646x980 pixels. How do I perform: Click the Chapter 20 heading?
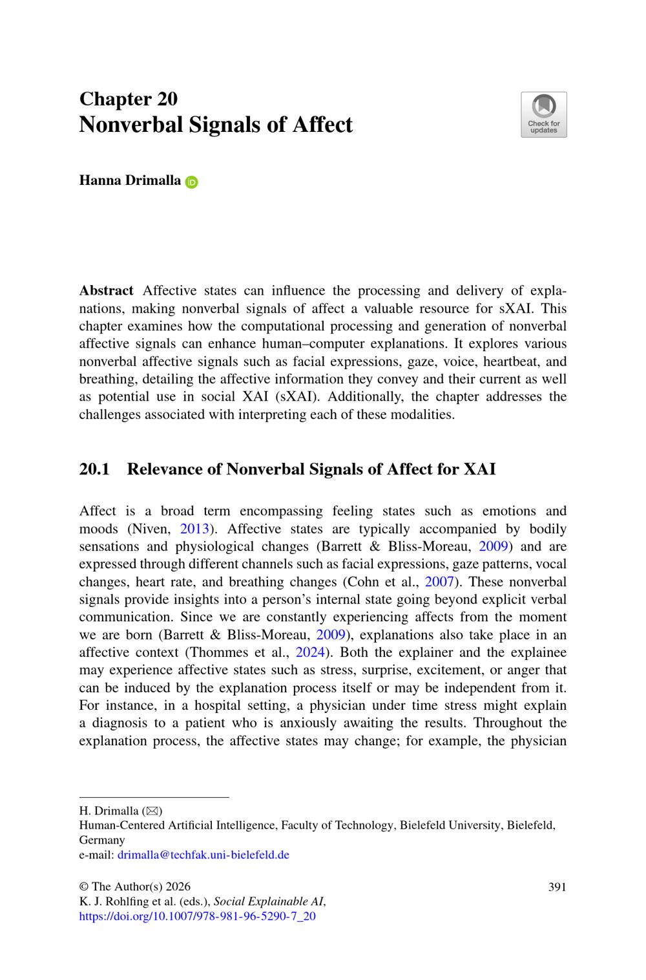coord(128,99)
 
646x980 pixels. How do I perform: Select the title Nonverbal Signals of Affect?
coord(216,124)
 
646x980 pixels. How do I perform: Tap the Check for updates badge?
coord(543,114)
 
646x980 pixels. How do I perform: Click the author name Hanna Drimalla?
coord(130,180)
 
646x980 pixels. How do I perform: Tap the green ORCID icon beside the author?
coord(192,182)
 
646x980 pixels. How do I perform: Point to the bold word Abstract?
coord(106,291)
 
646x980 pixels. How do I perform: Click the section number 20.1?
coord(94,469)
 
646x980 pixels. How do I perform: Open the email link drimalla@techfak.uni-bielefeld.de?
coord(203,855)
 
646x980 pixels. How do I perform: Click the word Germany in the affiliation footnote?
coord(102,840)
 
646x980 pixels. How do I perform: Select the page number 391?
coord(557,887)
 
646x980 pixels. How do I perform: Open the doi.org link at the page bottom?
coord(197,916)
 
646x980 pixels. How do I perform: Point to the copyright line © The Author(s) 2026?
coord(134,887)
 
